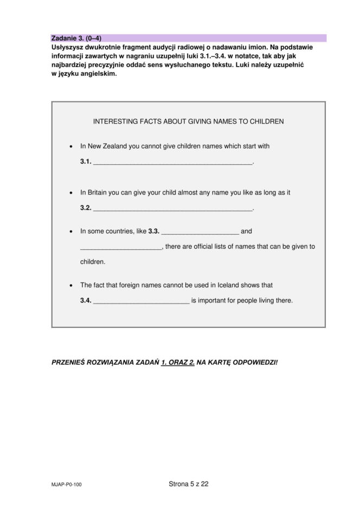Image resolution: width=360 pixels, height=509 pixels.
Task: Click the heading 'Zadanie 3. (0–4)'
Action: [x=76, y=38]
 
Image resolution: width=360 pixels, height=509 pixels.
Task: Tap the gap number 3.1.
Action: [x=86, y=162]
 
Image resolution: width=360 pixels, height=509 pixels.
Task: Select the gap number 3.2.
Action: [x=86, y=208]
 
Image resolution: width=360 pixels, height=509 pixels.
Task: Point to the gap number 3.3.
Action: [x=153, y=231]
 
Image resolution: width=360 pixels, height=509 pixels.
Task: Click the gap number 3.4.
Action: [x=86, y=300]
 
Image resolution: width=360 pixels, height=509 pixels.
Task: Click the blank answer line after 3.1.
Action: [x=173, y=163]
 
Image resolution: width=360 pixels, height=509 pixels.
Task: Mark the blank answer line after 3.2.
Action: [x=173, y=209]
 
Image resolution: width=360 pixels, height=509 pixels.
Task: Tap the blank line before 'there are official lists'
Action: [x=121, y=248]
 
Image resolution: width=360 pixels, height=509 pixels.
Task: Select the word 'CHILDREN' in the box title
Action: [x=266, y=121]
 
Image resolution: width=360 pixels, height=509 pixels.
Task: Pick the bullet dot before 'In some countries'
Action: [x=71, y=231]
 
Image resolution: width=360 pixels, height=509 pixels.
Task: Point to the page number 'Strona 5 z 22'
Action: [x=188, y=484]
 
